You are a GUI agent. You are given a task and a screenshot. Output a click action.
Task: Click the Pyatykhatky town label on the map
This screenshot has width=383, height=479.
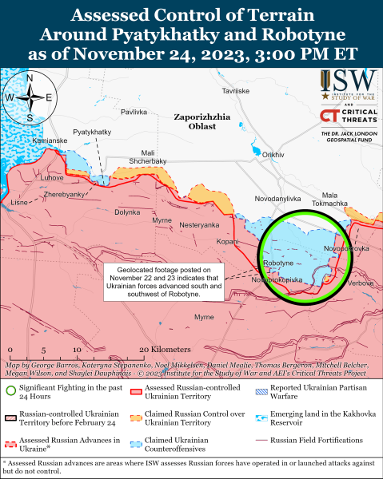tap(91, 130)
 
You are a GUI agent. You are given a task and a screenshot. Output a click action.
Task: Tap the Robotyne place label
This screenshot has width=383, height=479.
tap(277, 263)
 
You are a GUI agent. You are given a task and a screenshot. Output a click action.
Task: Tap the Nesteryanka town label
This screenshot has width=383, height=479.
tap(199, 225)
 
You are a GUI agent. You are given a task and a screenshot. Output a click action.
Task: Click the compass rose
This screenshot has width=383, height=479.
tap(29, 97)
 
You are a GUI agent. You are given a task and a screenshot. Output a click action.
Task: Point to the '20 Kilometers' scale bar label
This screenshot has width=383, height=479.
tap(164, 350)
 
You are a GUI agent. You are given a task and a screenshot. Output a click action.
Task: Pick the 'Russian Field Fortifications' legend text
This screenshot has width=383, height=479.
tap(317, 440)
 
